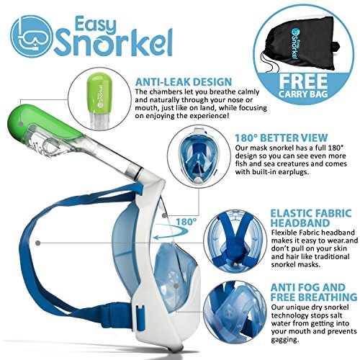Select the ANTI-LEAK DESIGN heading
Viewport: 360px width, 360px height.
click(x=184, y=81)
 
